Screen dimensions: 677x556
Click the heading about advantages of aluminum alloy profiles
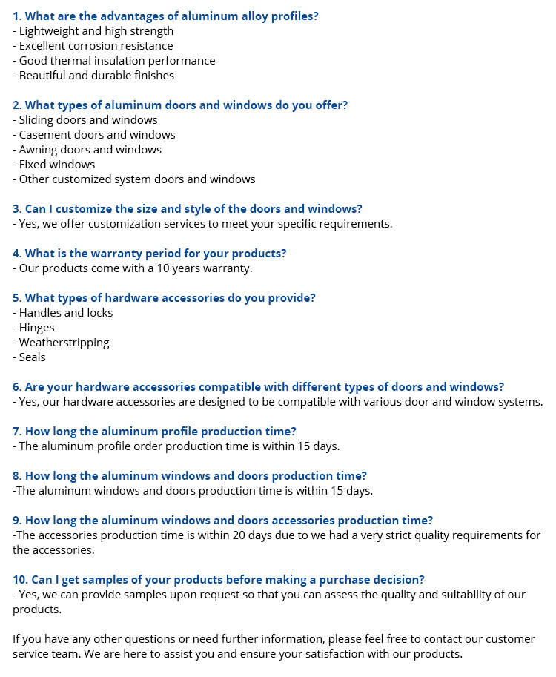point(165,16)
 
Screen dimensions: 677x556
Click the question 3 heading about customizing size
point(188,209)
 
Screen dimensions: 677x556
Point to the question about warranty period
point(150,254)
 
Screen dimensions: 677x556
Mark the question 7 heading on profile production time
point(154,432)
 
